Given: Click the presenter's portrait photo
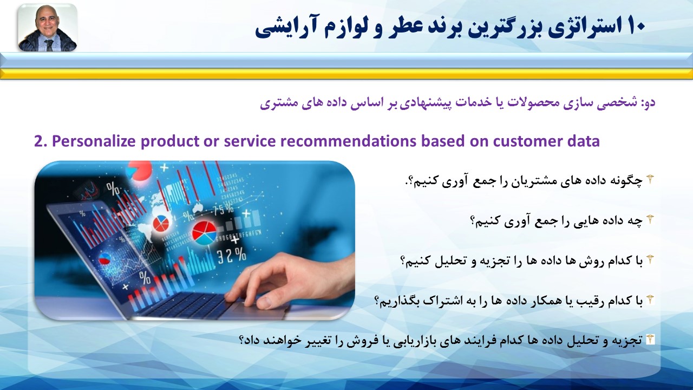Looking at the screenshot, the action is coord(47,28).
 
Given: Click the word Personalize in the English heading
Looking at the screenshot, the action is coord(94,141).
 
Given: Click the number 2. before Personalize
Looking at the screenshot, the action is coord(41,141).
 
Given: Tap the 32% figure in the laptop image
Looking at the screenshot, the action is coord(231,256).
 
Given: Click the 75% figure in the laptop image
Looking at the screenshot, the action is coord(223,210).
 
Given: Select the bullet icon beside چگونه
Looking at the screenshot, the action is coord(650,179).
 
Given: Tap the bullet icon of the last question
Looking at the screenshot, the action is coord(650,340).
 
